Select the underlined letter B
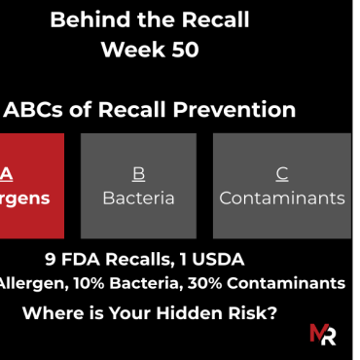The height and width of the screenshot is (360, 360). [x=138, y=174]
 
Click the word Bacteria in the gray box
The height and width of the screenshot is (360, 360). [x=138, y=198]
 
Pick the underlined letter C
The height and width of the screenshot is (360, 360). [x=282, y=174]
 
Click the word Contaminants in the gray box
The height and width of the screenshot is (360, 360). [x=282, y=198]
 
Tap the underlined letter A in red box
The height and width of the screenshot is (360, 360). [x=7, y=174]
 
